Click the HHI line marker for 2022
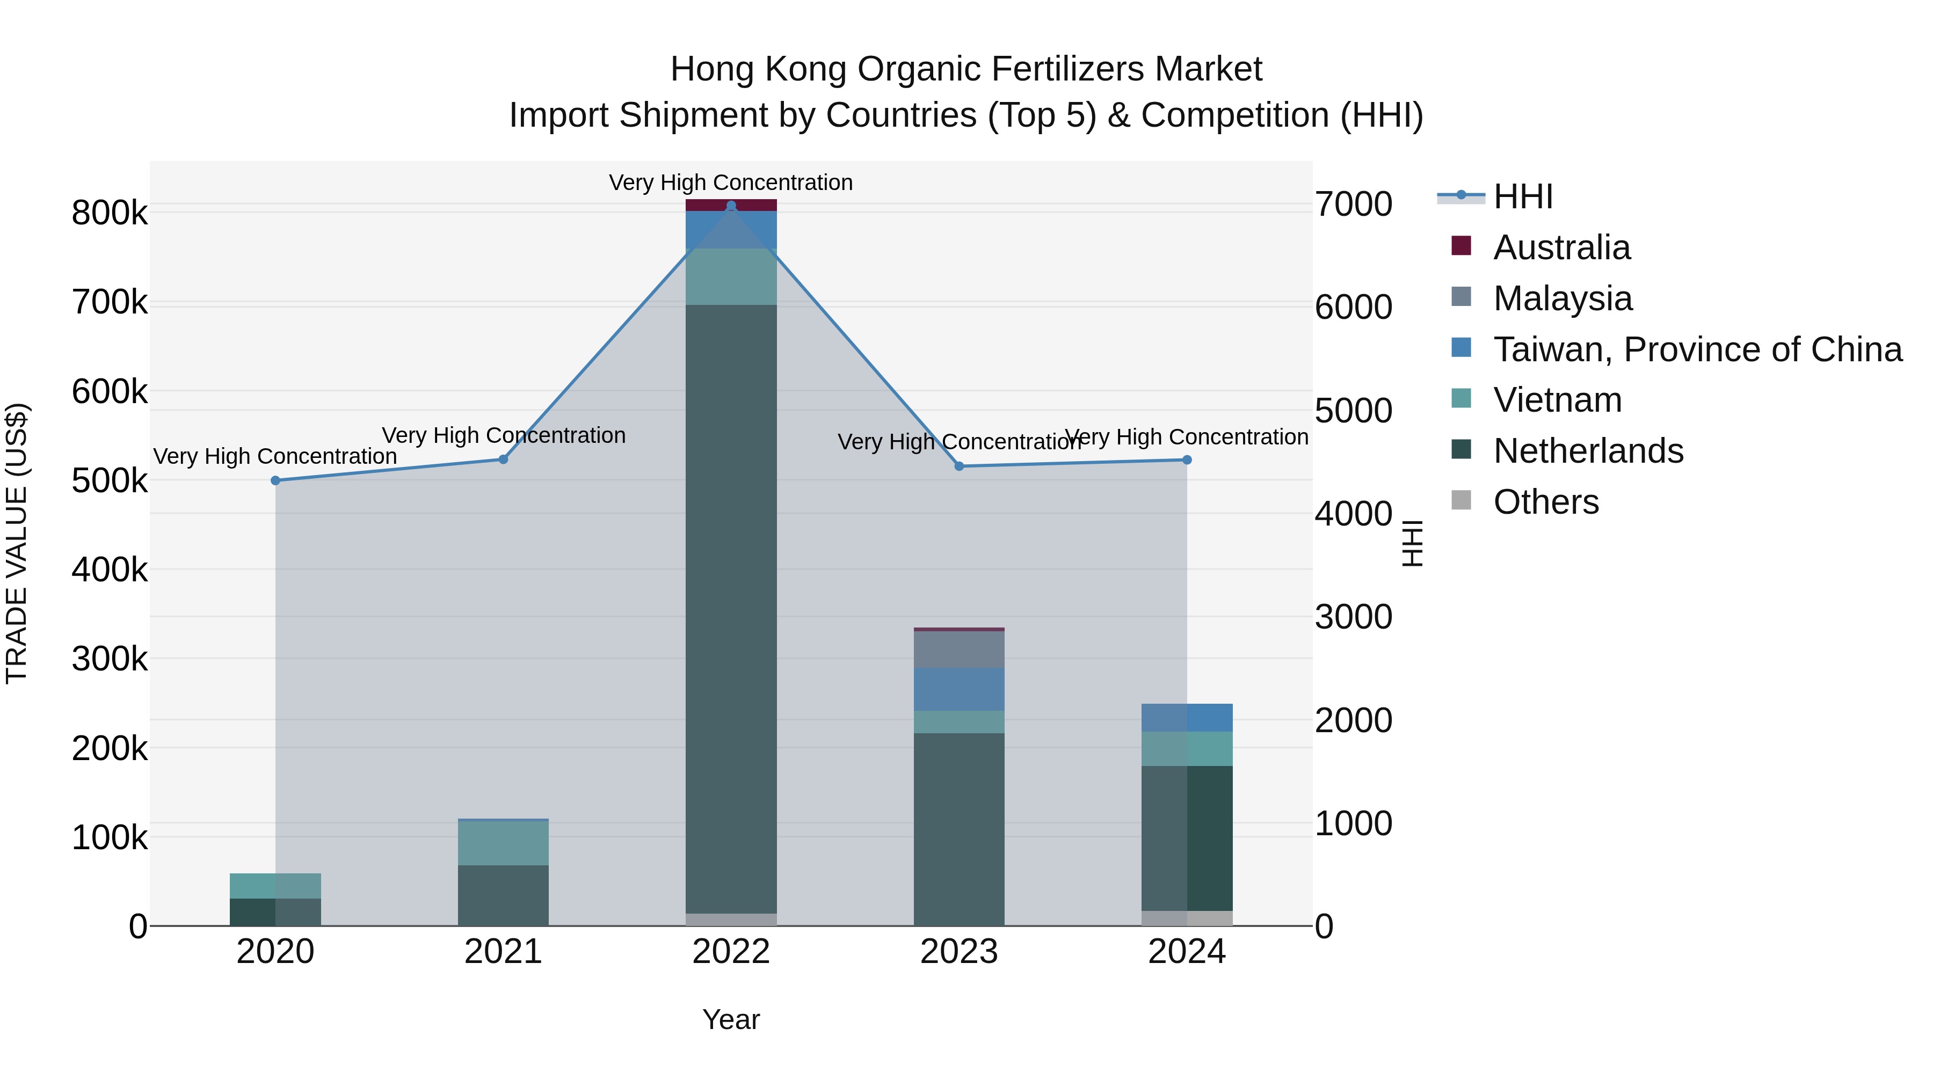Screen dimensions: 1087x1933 coord(731,206)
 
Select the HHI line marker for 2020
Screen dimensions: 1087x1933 coord(275,480)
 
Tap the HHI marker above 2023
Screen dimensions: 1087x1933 coord(959,466)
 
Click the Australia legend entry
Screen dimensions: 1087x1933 coord(1561,247)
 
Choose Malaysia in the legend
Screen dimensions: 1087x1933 coord(1563,298)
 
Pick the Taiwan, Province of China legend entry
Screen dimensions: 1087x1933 coord(1697,349)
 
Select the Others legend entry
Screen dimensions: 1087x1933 coord(1546,502)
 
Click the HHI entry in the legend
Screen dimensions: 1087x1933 coord(1523,196)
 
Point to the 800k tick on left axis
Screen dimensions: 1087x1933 coord(110,213)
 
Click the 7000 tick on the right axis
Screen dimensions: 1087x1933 coord(1354,204)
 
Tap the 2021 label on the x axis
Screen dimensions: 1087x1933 coord(503,952)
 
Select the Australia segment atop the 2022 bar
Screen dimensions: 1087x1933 coord(731,205)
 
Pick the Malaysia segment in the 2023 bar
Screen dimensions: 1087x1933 coord(959,649)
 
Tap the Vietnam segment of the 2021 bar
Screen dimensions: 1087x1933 coord(503,843)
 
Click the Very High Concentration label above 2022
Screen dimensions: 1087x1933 coord(731,183)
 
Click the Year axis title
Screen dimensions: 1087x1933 coord(731,1019)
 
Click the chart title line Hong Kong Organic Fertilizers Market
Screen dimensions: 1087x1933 coord(966,69)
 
